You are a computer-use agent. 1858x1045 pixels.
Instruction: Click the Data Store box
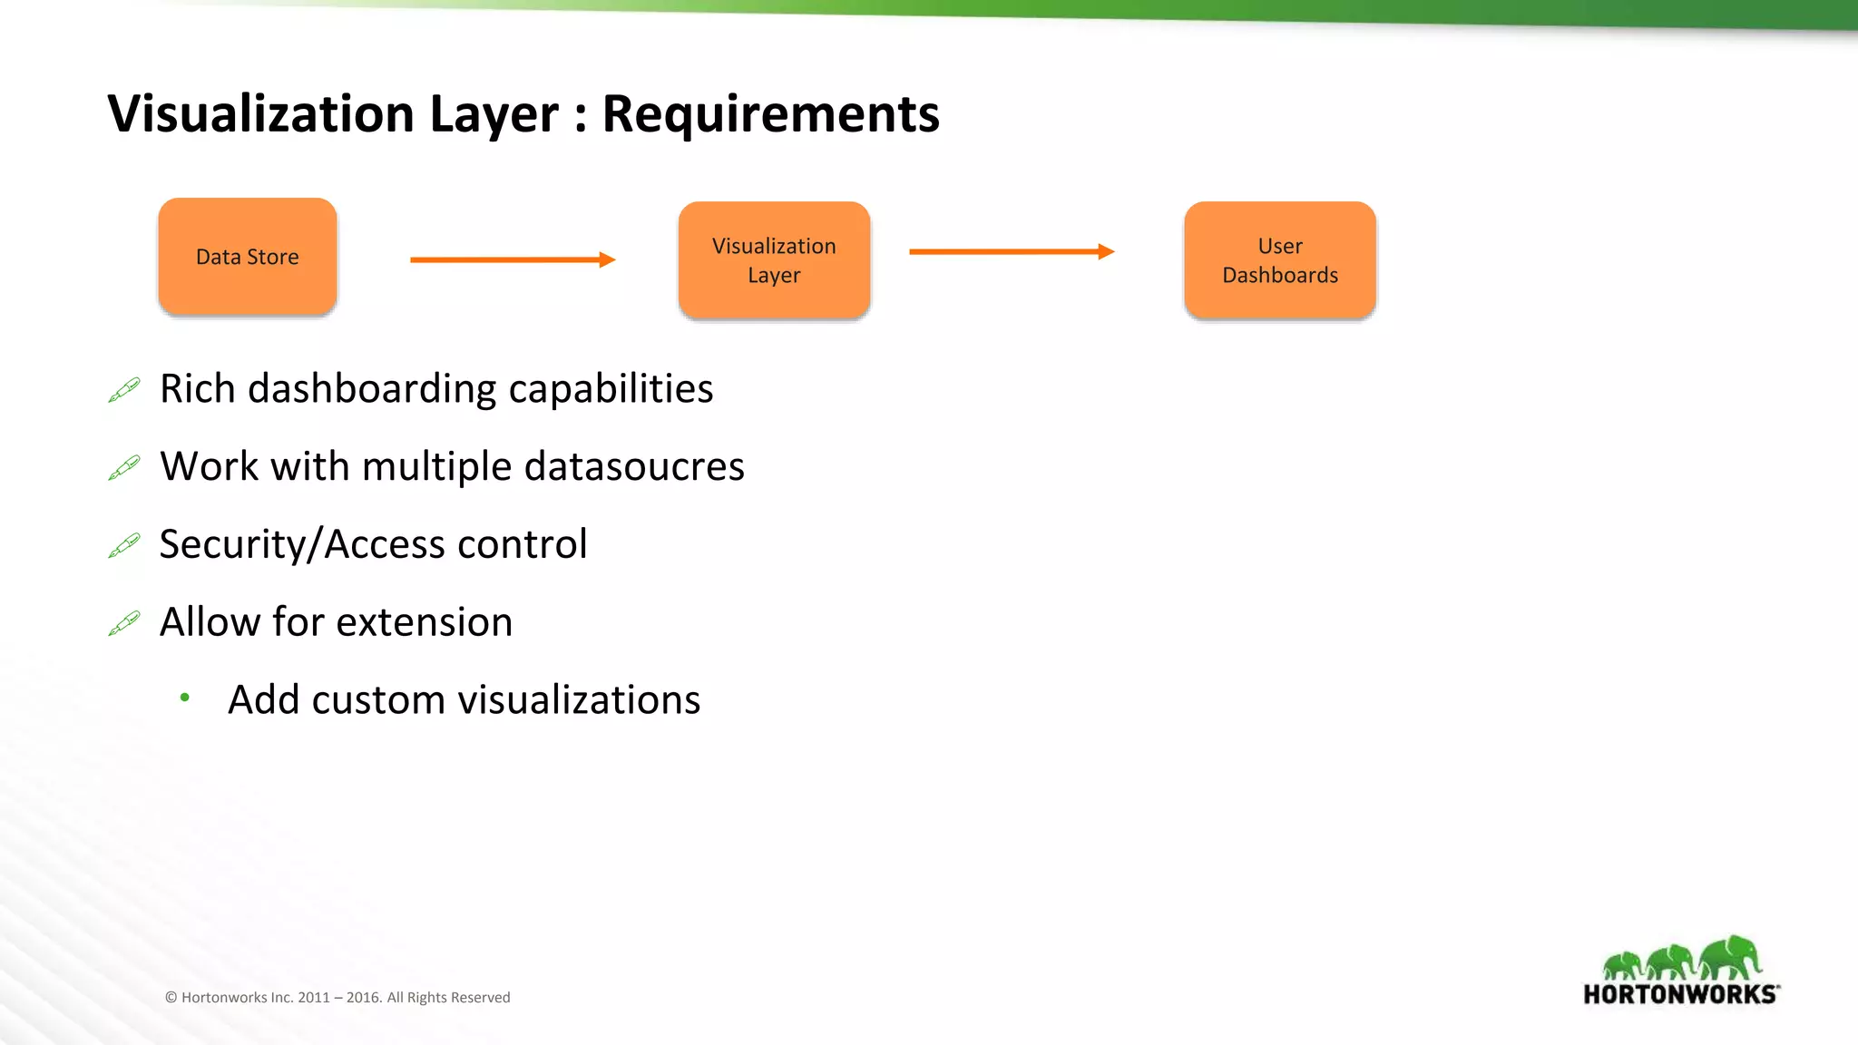click(x=248, y=257)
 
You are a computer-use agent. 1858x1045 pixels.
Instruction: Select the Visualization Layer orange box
click(x=774, y=260)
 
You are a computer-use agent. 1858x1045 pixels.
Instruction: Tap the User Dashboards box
click(x=1279, y=260)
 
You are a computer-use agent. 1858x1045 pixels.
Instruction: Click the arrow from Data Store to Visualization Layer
click(x=513, y=260)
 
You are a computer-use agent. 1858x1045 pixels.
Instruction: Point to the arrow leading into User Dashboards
click(x=1011, y=252)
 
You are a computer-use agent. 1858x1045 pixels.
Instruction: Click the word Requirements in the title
click(x=770, y=114)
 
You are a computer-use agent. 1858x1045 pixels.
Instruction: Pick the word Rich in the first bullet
click(x=197, y=388)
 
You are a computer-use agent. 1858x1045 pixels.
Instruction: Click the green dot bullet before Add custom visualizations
click(x=185, y=698)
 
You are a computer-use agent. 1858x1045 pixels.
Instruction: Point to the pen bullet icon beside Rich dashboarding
click(x=124, y=390)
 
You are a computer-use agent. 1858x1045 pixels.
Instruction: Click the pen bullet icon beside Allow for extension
click(x=124, y=623)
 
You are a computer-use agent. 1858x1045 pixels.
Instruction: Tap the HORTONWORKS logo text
click(x=1680, y=994)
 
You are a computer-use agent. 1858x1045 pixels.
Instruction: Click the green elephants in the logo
click(x=1681, y=958)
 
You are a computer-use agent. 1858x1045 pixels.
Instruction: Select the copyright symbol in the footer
click(x=171, y=998)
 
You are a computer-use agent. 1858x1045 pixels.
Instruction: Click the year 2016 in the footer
click(x=363, y=998)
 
